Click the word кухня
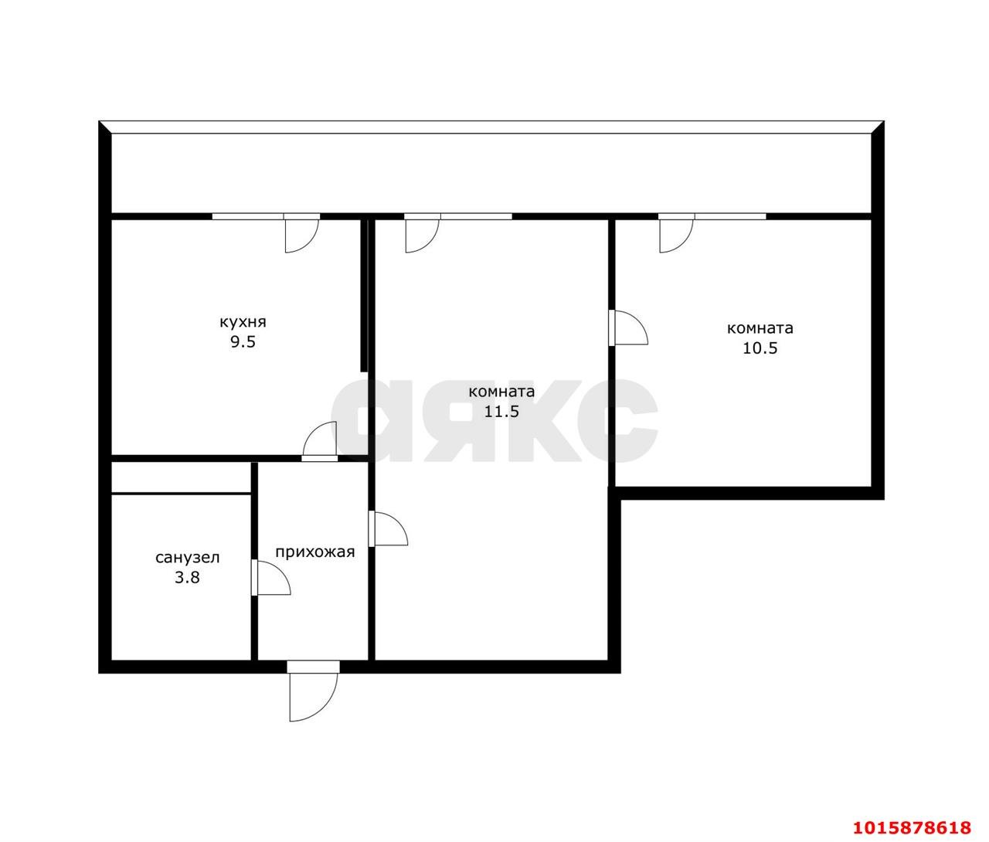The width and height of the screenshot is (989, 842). coord(243,322)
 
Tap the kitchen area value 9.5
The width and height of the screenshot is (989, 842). coord(243,342)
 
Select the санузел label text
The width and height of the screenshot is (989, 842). coord(188,558)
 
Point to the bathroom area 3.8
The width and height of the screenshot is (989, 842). coord(187,578)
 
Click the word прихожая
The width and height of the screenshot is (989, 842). coord(314,552)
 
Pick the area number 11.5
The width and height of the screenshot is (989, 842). coord(501,411)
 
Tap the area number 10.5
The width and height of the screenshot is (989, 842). coord(760,348)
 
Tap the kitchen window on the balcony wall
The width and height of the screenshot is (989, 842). coord(248,216)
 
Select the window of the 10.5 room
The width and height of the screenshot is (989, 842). coord(730,216)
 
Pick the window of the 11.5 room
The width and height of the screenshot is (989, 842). coord(476,216)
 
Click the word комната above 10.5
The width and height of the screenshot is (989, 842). coord(760,328)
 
